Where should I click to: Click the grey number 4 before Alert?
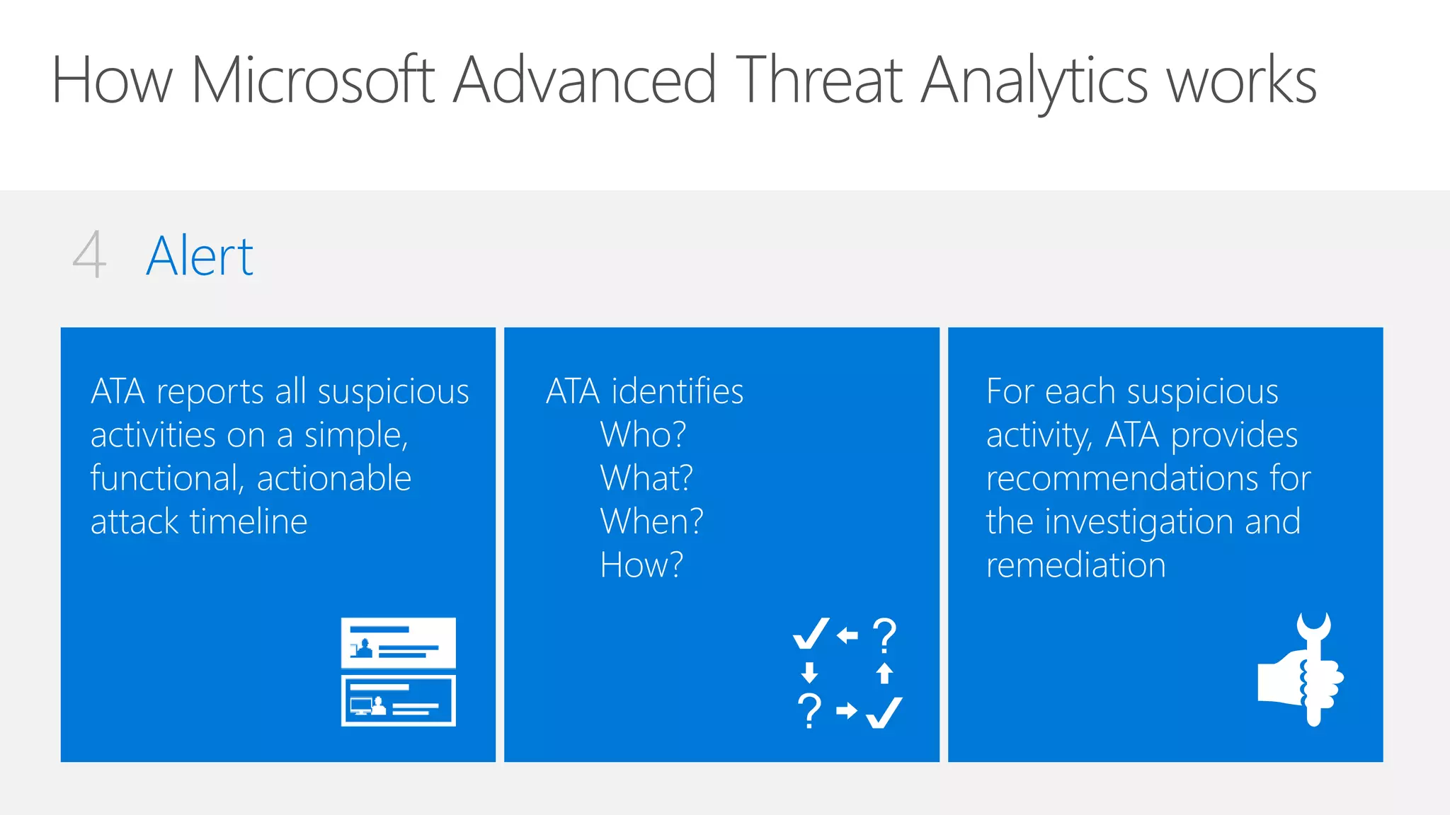pyautogui.click(x=90, y=255)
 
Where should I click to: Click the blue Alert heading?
pyautogui.click(x=200, y=256)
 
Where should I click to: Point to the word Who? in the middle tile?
pyautogui.click(x=643, y=434)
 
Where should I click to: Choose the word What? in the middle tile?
pyautogui.click(x=646, y=478)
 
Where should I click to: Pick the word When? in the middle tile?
pyautogui.click(x=651, y=521)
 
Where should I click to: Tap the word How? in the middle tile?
pyautogui.click(x=641, y=565)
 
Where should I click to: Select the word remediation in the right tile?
pyautogui.click(x=1075, y=565)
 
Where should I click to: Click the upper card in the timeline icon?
pyautogui.click(x=398, y=642)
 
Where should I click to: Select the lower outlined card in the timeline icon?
pyautogui.click(x=398, y=700)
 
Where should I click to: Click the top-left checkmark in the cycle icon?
pyautogui.click(x=811, y=633)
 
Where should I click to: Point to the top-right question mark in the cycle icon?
pyautogui.click(x=884, y=635)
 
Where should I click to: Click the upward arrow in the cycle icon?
pyautogui.click(x=884, y=673)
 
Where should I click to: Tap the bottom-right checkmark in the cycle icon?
pyautogui.click(x=884, y=712)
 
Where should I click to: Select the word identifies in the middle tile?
pyautogui.click(x=678, y=391)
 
